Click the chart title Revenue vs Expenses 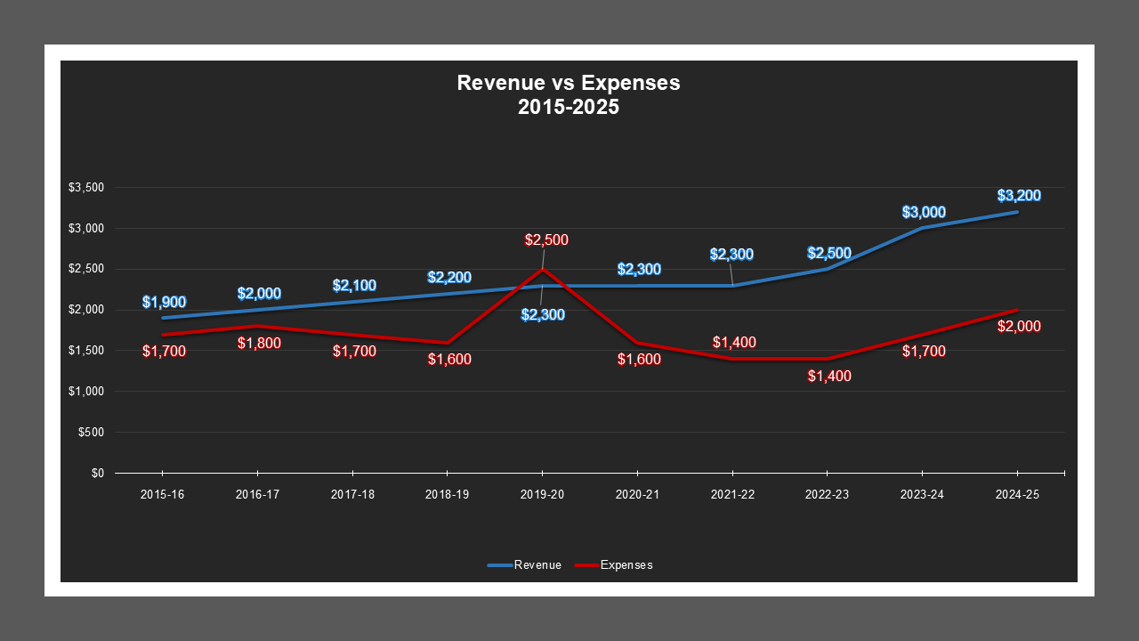point(568,83)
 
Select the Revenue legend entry point(525,564)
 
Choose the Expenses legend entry point(614,564)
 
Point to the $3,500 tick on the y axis point(86,188)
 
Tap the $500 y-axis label point(92,433)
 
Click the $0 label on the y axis point(97,474)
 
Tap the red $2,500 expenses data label point(546,239)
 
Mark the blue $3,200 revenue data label point(1019,196)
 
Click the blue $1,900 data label point(164,302)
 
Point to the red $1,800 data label point(259,343)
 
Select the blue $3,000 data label point(924,212)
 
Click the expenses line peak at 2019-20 point(542,269)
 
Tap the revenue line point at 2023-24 point(923,228)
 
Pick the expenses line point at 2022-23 point(828,359)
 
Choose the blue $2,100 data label point(354,286)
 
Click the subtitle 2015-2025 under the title point(568,107)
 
